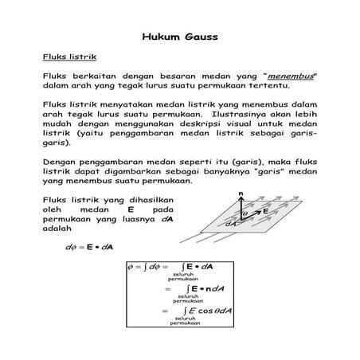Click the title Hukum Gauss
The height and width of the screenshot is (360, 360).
point(179,37)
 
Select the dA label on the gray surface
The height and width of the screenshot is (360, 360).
point(231,224)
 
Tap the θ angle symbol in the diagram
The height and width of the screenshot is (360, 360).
point(245,215)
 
